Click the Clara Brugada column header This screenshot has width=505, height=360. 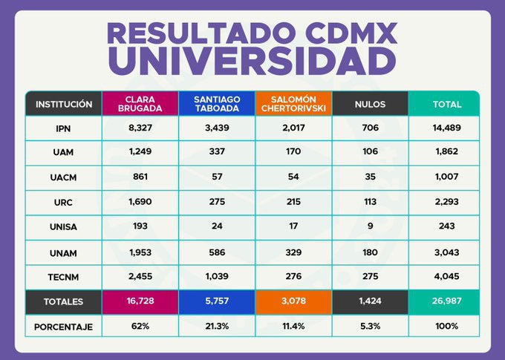point(140,104)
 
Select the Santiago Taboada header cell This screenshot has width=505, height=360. point(216,104)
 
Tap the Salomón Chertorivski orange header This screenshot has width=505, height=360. point(293,104)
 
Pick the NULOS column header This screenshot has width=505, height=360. point(370,104)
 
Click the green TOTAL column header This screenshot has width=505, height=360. point(447,104)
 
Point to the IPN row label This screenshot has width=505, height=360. point(63,128)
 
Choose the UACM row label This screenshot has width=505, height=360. point(63,178)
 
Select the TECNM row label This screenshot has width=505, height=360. point(63,276)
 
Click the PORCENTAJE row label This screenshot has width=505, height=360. point(63,326)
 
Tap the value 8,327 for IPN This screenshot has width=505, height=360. point(140,128)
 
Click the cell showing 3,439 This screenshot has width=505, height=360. point(216,128)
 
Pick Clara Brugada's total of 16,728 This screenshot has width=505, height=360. point(140,301)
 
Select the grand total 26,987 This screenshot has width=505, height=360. point(447,301)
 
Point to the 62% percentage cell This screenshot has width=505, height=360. point(140,326)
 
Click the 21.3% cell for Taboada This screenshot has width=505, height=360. point(216,326)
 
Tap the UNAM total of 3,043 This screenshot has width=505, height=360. point(447,252)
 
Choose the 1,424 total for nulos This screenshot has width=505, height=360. point(370,301)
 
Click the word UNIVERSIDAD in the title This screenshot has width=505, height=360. point(252,59)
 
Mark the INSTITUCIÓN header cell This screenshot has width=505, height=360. point(63,104)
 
